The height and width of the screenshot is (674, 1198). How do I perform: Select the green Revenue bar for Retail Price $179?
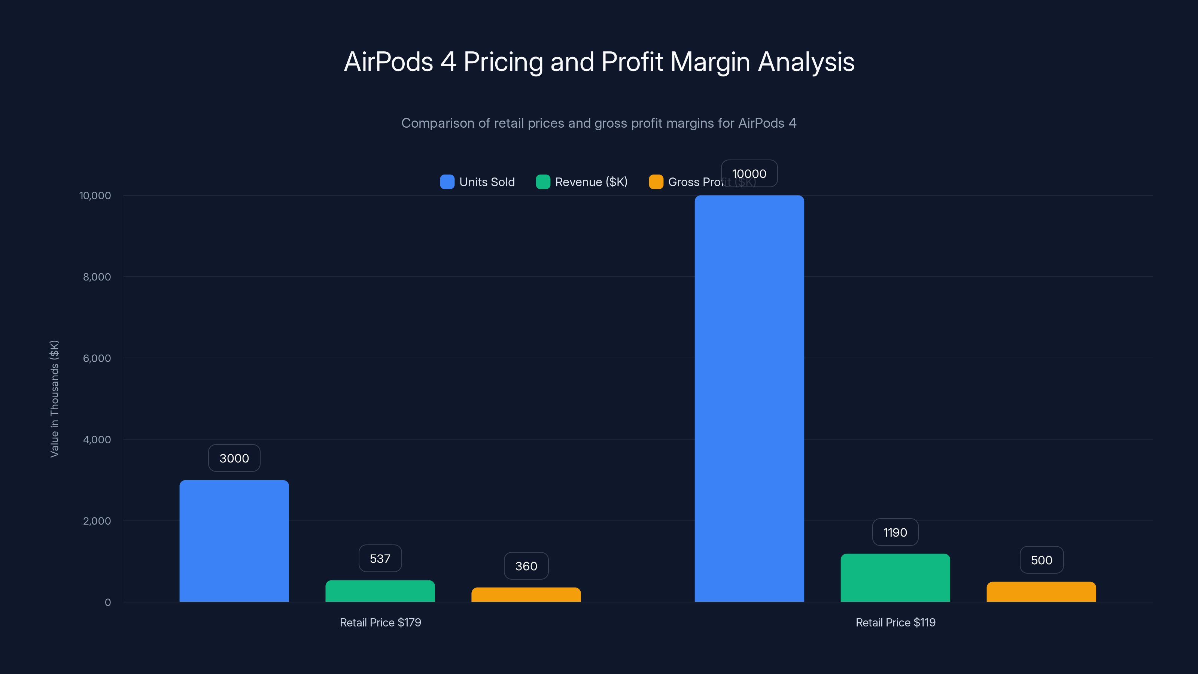point(380,591)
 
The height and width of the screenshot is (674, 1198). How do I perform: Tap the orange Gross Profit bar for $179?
point(526,595)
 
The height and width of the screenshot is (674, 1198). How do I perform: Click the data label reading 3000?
point(234,458)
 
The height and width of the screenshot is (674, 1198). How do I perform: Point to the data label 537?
point(380,558)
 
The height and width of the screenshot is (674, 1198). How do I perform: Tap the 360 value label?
point(526,566)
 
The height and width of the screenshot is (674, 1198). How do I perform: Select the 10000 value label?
point(749,173)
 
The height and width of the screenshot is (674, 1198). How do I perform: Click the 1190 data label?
point(895,532)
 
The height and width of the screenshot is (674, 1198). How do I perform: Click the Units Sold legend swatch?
point(447,182)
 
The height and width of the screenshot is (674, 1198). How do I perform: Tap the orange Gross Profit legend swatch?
point(656,182)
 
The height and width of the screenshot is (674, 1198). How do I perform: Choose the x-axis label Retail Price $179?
point(380,622)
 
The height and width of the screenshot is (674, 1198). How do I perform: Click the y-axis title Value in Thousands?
point(54,399)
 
